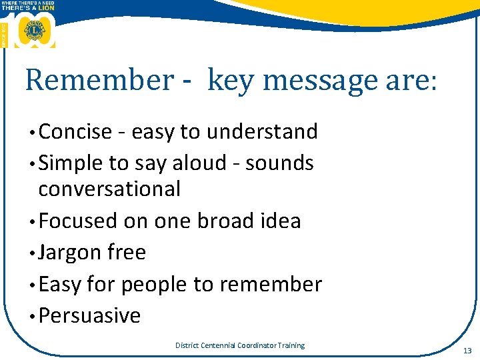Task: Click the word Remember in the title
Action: (x=99, y=81)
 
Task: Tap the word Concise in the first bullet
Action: (x=75, y=132)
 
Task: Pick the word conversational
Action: (x=109, y=189)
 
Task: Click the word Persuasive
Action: (x=90, y=315)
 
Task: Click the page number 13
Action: (x=466, y=351)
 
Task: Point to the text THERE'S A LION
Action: (x=28, y=7)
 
